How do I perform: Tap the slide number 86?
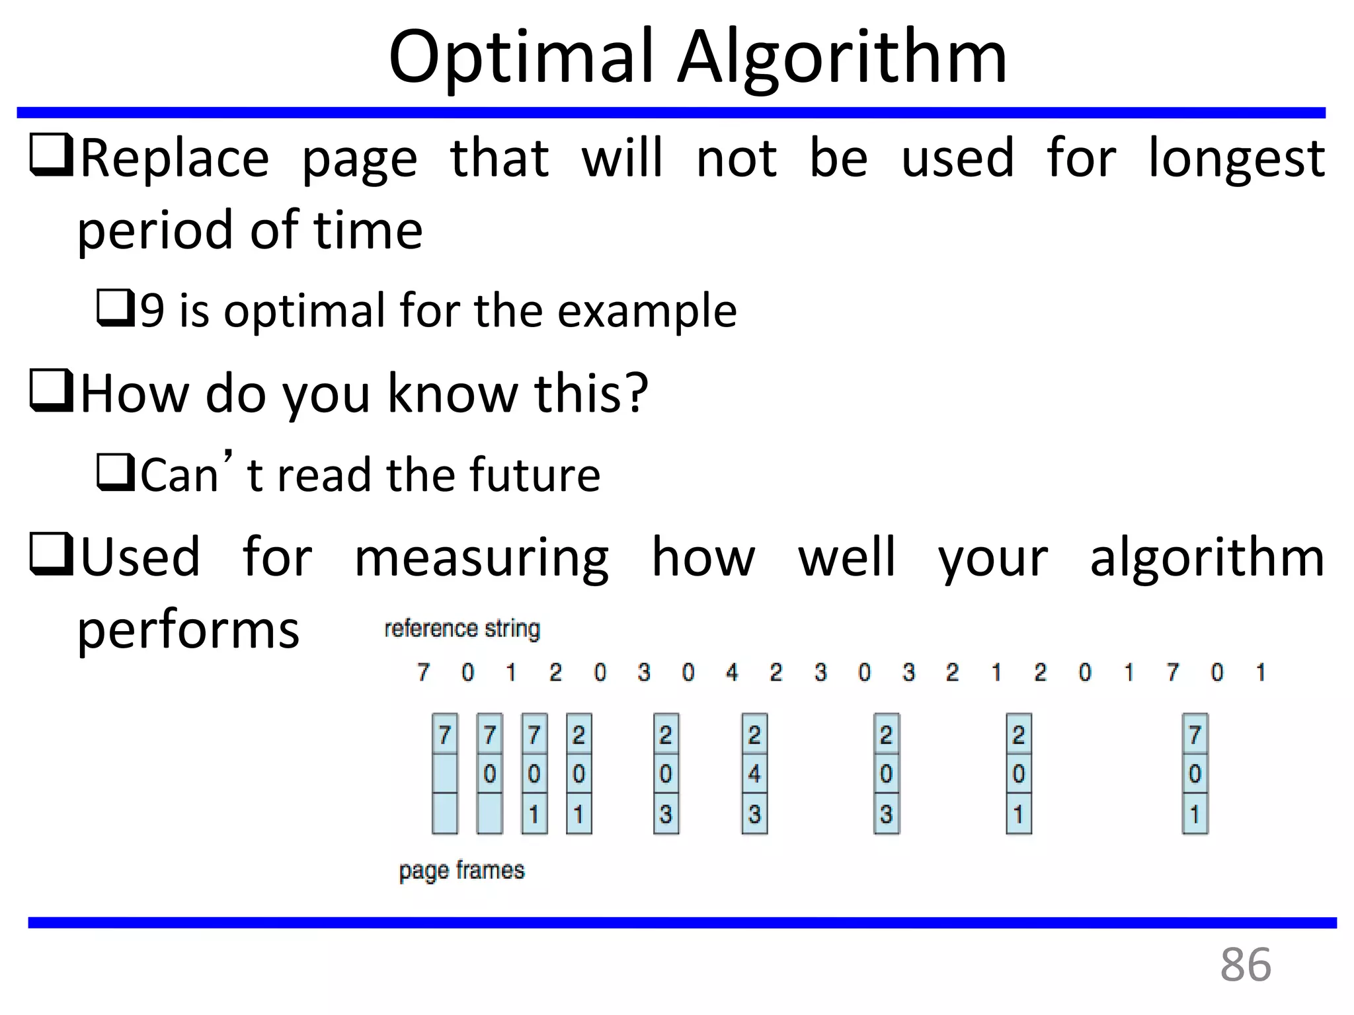1245,965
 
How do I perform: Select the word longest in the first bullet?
1236,159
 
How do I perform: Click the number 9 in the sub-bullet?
152,311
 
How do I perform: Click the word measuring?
481,558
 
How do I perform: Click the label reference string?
462,628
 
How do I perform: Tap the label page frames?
461,870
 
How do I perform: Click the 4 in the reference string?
732,673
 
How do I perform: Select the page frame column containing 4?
754,774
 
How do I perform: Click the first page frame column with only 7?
444,774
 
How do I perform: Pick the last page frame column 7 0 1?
1195,774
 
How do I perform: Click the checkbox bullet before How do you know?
52,391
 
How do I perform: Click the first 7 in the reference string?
423,673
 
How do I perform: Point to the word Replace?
175,159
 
